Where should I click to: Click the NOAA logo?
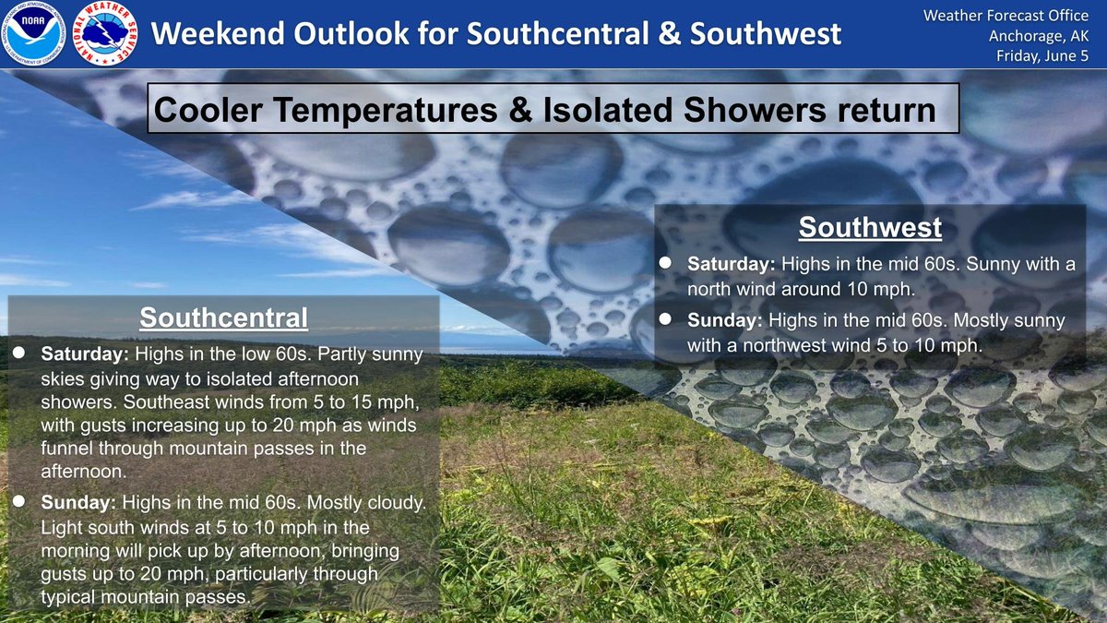point(33,33)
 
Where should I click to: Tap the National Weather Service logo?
point(105,33)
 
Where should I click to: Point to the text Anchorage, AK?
point(1039,36)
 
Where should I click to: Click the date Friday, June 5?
point(1042,56)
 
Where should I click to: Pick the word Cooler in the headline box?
point(208,110)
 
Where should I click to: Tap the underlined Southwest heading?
point(870,227)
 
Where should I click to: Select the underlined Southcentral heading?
point(223,317)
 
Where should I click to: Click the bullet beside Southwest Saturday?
point(665,263)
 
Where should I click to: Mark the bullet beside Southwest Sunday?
point(665,319)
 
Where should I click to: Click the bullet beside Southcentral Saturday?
point(18,353)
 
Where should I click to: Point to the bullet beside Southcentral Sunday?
point(18,501)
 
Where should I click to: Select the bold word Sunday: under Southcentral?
point(78,502)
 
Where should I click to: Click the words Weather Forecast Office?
point(1006,16)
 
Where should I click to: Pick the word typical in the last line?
point(68,597)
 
